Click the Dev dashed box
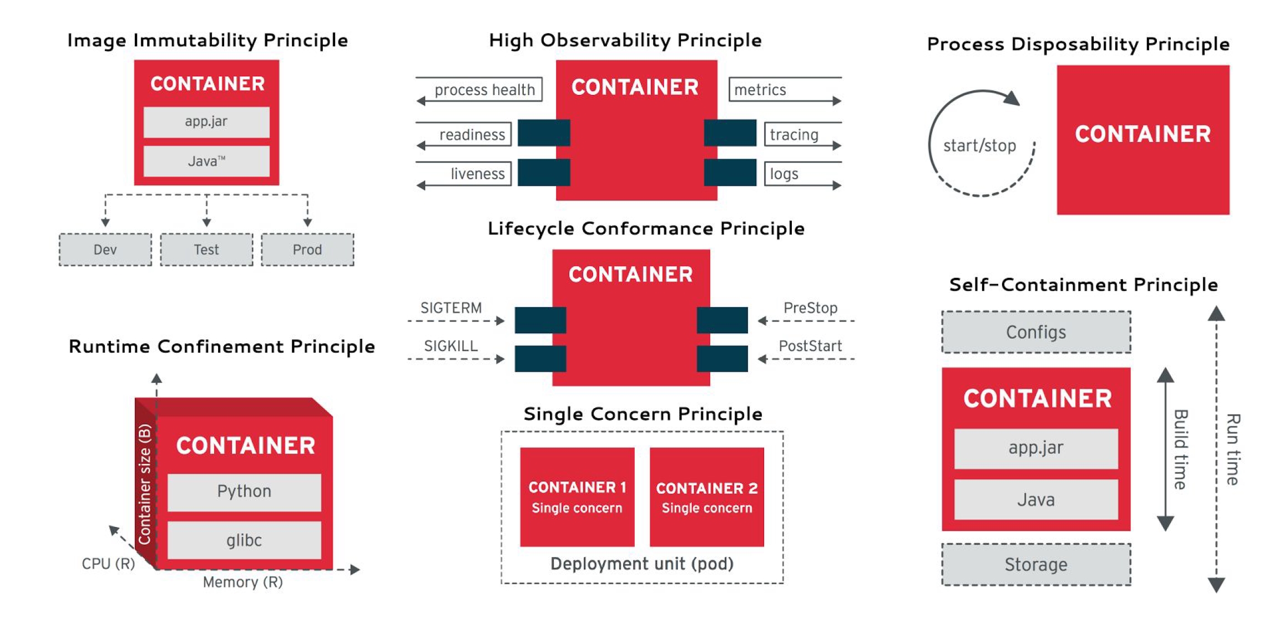click(105, 249)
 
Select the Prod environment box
click(307, 249)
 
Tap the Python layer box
click(244, 491)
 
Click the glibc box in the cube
click(244, 540)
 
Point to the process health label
click(484, 89)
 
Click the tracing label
click(793, 134)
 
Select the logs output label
click(783, 174)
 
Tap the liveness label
click(477, 174)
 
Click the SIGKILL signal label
click(451, 346)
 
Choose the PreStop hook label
click(810, 308)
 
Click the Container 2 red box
click(706, 497)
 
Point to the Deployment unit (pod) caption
click(642, 564)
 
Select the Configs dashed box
click(1036, 332)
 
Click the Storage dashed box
click(1036, 564)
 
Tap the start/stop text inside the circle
click(979, 146)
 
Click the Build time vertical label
click(1181, 450)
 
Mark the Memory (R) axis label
click(242, 582)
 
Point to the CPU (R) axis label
click(108, 564)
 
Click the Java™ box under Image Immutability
click(206, 161)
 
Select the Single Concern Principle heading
click(643, 414)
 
